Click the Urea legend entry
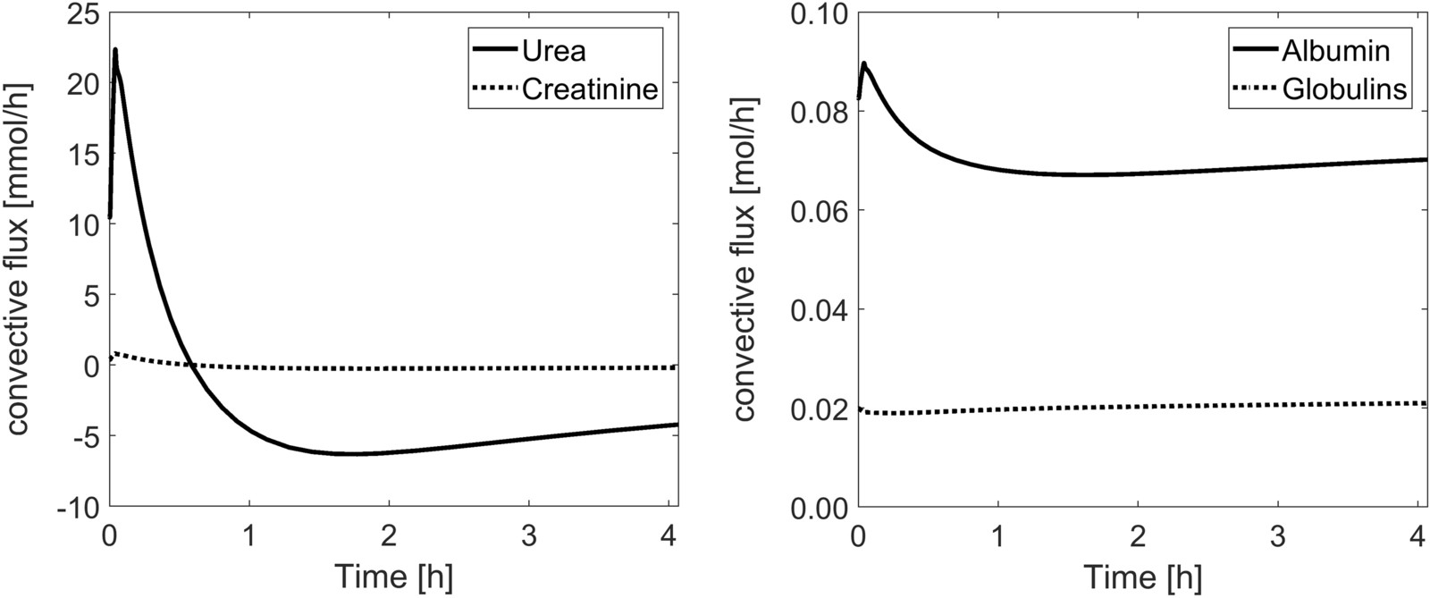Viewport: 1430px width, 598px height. click(554, 50)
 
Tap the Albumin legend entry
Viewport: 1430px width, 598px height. click(1336, 50)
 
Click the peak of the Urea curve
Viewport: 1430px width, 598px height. click(115, 50)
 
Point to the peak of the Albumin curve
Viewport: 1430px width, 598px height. click(863, 63)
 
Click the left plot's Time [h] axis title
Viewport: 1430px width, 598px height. click(393, 577)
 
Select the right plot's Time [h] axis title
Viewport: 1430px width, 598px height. click(1141, 577)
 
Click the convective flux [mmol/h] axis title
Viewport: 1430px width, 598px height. click(20, 259)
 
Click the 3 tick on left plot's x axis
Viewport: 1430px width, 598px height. click(529, 536)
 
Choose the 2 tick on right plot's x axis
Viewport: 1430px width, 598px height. click(1137, 536)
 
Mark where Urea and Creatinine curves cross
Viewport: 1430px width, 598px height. click(191, 364)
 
